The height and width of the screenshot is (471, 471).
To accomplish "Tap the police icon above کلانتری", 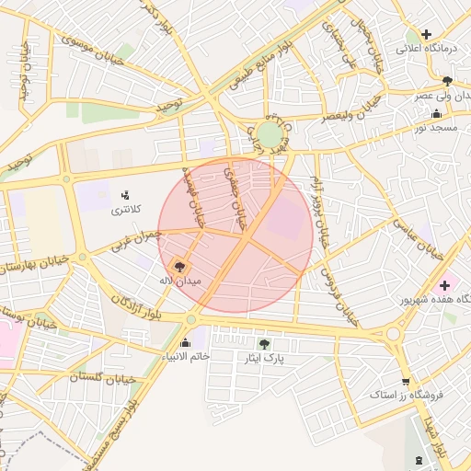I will coord(126,195).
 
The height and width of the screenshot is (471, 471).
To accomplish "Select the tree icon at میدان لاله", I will coord(178,266).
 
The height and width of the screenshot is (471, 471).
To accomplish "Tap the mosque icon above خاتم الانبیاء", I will coord(187,342).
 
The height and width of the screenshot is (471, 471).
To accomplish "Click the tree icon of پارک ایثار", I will coord(264,343).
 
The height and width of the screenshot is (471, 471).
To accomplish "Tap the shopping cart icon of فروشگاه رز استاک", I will coord(406,382).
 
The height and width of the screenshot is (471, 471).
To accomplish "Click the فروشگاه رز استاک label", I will coord(407,396).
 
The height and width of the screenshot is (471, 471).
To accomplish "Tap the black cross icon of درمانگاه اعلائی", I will coord(426,34).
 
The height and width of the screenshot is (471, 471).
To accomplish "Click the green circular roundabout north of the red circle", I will coord(269,136).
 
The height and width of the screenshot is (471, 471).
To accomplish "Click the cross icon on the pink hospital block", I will coord(444,285).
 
